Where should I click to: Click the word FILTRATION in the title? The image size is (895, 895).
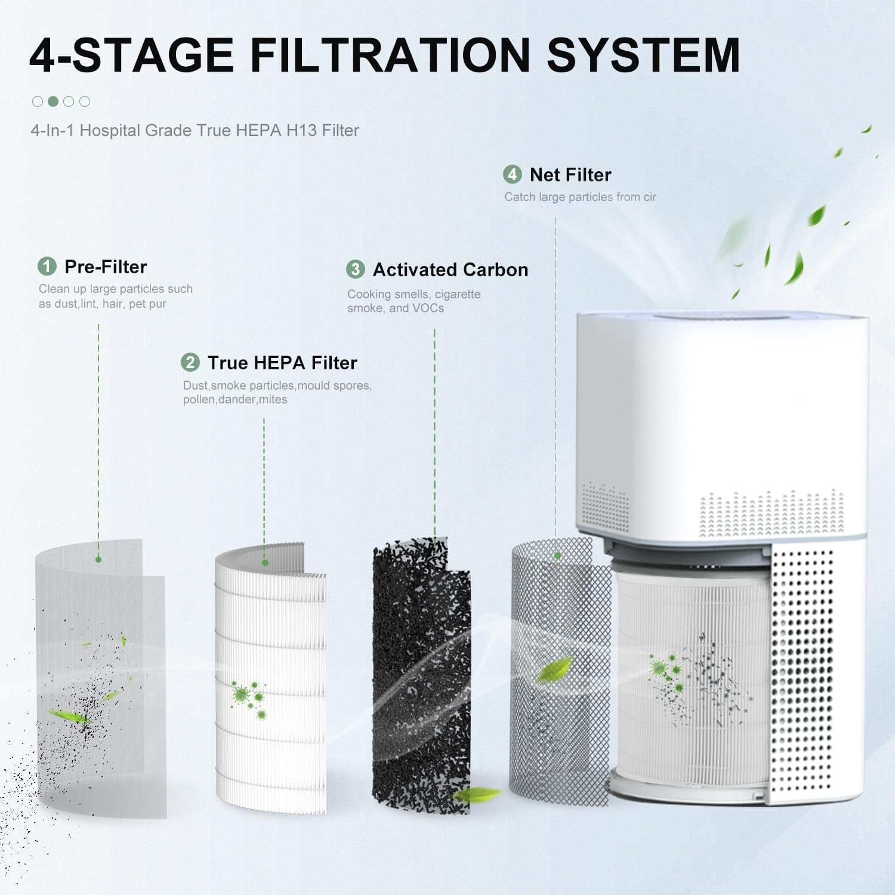(x=390, y=55)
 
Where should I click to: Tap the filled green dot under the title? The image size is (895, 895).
(x=53, y=101)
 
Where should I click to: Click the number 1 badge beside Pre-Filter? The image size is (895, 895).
(x=47, y=266)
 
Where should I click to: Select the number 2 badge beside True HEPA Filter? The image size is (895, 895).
(x=190, y=362)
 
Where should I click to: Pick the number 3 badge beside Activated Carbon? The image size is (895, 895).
(x=356, y=269)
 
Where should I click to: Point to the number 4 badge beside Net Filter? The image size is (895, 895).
(x=513, y=174)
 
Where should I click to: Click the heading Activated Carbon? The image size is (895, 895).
(x=450, y=270)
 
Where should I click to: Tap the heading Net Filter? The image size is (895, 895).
(x=570, y=175)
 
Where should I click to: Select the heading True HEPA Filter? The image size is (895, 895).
(x=282, y=363)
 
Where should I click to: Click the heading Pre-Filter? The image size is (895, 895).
(x=106, y=267)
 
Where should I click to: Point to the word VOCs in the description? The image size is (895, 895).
(x=428, y=308)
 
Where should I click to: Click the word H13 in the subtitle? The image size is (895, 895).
(x=301, y=131)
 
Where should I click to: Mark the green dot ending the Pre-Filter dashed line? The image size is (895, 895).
(x=98, y=559)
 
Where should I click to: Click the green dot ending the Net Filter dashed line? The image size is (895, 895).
(x=557, y=555)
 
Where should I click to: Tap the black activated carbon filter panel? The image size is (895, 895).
(x=421, y=674)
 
